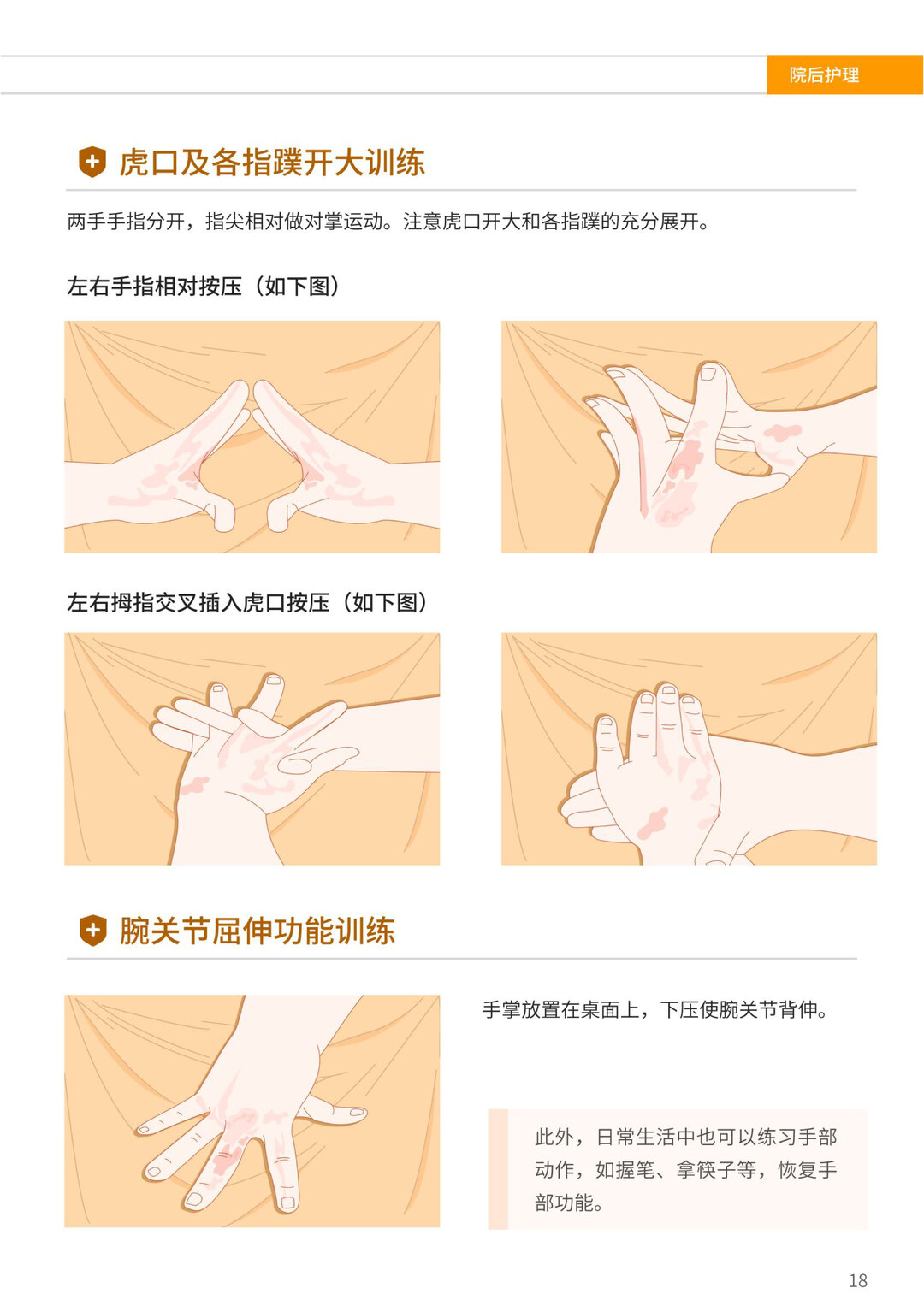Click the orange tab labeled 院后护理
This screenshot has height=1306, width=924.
tap(844, 74)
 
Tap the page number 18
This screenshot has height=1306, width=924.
tap(857, 1280)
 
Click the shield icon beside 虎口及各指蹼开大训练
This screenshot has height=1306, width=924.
tap(92, 162)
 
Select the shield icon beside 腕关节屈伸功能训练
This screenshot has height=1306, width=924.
tap(92, 930)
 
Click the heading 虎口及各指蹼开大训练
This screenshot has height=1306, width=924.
tap(272, 163)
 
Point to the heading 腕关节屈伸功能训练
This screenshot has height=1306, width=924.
tap(258, 931)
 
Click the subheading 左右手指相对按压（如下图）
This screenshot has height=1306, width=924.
tap(204, 287)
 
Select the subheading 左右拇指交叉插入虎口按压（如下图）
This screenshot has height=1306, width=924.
tap(248, 602)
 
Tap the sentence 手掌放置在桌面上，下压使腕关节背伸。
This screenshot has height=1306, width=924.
tap(655, 1010)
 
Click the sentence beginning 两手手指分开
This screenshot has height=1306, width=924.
tap(388, 222)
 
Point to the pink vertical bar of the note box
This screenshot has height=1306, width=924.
tap(498, 1169)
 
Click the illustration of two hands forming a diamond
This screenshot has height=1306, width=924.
tap(252, 437)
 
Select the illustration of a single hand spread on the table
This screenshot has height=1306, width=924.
tap(252, 1111)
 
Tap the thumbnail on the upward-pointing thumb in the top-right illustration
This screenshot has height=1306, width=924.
tap(708, 373)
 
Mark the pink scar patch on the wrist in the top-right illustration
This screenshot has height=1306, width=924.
tap(782, 432)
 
